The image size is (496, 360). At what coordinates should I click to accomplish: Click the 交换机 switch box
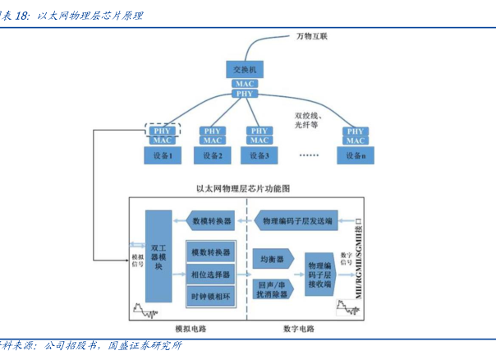245,70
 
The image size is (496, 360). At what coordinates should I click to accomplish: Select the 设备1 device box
162,155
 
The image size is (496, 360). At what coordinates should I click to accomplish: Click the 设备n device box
356,155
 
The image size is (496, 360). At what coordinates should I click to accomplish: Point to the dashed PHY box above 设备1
162,130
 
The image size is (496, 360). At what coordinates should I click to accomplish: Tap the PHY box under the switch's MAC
245,95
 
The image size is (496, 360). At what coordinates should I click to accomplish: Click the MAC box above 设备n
356,141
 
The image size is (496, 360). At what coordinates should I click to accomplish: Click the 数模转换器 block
211,220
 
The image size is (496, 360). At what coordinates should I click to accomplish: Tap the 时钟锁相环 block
210,296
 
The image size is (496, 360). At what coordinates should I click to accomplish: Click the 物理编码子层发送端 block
298,220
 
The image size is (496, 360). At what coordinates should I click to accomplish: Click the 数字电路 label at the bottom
299,329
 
